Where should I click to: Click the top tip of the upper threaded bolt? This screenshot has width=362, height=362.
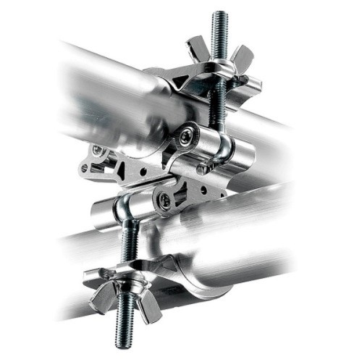click(x=219, y=14)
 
